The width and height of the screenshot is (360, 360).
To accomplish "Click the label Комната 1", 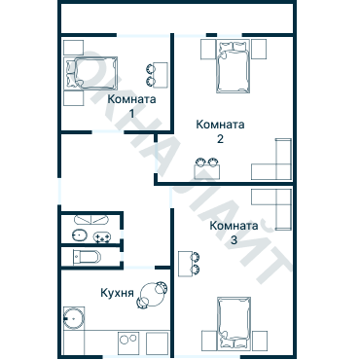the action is coord(131,106).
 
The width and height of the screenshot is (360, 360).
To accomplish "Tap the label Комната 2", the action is coord(220,131).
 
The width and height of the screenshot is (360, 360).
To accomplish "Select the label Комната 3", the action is coord(234,233).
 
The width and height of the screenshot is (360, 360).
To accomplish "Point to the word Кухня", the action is coord(117,293).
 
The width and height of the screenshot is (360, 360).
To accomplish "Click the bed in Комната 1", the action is coord(90,73).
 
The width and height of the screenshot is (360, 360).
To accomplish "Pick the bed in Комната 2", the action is coord(234,66).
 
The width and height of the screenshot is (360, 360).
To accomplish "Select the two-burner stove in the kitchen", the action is coord(128,342).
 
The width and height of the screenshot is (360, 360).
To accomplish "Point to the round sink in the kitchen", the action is coord(74,318).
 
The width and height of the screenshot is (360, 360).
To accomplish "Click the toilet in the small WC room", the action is coord(87,258).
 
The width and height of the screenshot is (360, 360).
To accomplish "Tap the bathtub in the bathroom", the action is coord(90,219).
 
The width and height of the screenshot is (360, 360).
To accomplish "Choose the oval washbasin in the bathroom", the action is coord(80,234).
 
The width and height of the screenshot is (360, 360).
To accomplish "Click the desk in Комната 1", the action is coord(161,75).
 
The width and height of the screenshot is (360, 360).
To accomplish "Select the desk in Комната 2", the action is coord(206,172).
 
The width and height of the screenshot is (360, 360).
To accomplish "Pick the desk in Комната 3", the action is coord(186,264).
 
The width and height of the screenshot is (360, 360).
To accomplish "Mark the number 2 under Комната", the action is coord(220,139).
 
